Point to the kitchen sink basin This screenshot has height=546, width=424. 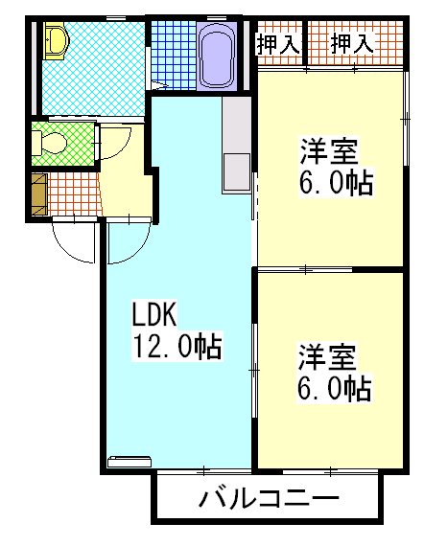pyautogui.click(x=233, y=172)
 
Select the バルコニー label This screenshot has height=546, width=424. pyautogui.click(x=269, y=499)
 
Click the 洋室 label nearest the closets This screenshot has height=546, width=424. pyautogui.click(x=329, y=151)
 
